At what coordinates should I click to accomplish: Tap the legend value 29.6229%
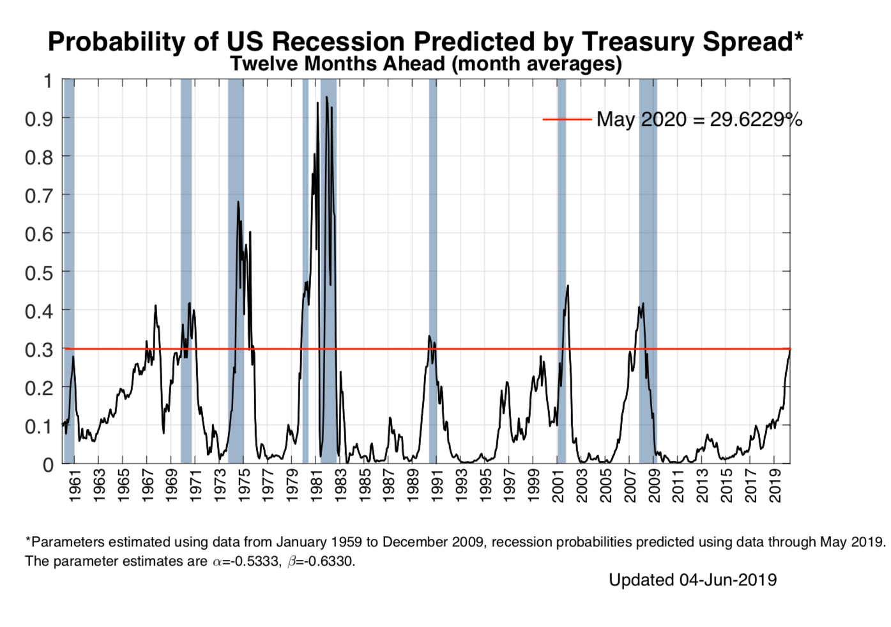pos(756,120)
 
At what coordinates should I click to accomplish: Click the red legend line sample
pos(567,120)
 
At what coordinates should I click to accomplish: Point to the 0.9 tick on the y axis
pos(39,119)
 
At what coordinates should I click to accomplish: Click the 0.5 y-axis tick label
pos(39,273)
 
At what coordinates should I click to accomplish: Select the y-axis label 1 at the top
pos(47,81)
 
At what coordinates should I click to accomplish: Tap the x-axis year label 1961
pos(75,486)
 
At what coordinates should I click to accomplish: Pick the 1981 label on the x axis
pos(316,486)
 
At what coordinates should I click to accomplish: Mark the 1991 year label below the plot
pos(437,486)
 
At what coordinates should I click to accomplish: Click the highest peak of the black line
pos(326,97)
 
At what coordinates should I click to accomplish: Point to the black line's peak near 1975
pos(238,202)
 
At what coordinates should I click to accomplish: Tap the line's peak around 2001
pos(568,286)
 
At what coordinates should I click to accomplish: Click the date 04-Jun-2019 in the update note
pos(727,580)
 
